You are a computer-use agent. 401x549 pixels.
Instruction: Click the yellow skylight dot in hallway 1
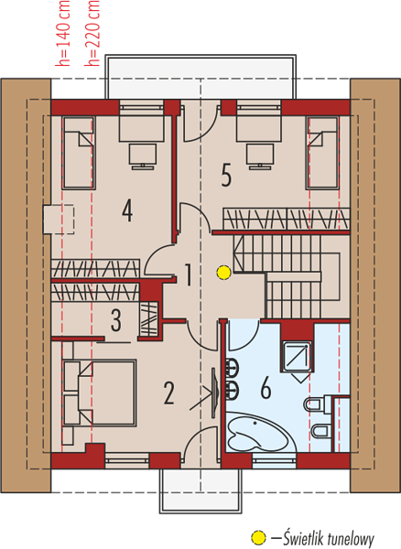pos(223,273)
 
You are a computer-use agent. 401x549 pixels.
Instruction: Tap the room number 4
pos(127,210)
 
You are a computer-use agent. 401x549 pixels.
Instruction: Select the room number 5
pos(226,175)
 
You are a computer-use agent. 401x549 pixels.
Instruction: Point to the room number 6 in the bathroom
pos(266,388)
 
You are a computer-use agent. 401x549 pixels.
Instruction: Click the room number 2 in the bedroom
pos(169,393)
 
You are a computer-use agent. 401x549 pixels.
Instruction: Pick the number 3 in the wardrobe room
pos(116,319)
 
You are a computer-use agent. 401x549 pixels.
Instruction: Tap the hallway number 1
pos(188,274)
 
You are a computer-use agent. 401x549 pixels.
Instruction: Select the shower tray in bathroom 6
pos(296,357)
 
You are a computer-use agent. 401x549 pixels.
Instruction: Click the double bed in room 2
pos(100,393)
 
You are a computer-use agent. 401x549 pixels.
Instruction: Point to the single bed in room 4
pos(79,153)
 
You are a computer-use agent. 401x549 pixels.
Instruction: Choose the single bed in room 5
pos(322,153)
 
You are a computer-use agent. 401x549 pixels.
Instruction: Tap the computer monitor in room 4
pos(143,156)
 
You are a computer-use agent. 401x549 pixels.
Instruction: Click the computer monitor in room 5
pos(259,156)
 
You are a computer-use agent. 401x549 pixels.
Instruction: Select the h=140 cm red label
pos(63,33)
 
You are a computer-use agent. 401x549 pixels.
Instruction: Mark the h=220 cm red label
pos(92,33)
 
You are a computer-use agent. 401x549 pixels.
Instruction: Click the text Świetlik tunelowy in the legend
pos(329,539)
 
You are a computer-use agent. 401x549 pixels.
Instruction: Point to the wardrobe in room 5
pos(287,219)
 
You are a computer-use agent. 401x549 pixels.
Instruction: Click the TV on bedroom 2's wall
pos(214,393)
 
